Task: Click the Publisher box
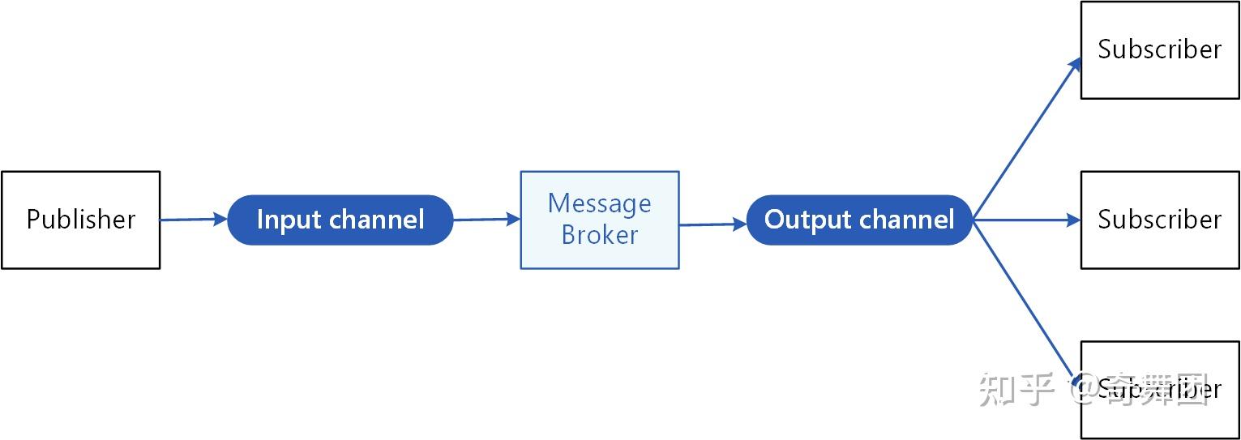81,220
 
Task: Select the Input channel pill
340,220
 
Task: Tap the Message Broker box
599,220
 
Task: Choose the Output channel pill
858,220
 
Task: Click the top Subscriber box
1159,50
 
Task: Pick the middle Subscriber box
1159,220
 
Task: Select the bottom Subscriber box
1159,390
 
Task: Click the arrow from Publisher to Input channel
193,219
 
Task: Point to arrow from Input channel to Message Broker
486,219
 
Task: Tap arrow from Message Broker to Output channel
712,224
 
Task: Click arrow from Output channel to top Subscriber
1027,139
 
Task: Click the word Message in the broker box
599,203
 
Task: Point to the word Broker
599,235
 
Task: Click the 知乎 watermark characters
1016,390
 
